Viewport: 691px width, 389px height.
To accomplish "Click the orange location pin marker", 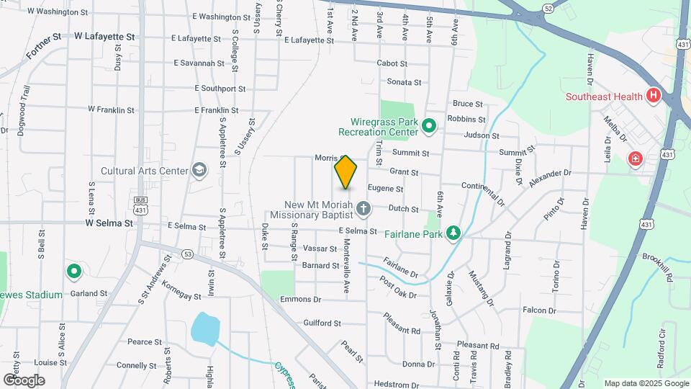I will click(346, 172).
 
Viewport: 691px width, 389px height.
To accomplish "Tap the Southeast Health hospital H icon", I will click(654, 96).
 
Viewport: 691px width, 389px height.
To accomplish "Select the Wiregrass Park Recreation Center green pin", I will click(429, 127).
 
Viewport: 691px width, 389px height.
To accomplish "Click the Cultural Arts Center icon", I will click(199, 171).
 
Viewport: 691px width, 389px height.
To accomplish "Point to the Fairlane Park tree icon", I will click(453, 233).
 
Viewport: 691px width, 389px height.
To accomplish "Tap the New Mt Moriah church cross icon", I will click(364, 210).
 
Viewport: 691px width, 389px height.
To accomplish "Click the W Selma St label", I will click(109, 223).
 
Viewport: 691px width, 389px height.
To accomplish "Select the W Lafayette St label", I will click(104, 35).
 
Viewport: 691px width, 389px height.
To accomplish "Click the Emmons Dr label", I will click(300, 299).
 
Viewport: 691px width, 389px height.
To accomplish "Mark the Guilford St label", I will click(322, 323).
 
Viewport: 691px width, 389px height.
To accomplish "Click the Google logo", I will click(24, 380).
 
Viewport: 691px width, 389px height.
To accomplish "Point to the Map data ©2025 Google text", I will click(646, 383).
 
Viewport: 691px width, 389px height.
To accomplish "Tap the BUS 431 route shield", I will click(140, 204).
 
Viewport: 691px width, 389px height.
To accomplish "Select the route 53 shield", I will click(188, 254).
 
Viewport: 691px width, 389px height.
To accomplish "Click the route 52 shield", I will click(548, 9).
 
